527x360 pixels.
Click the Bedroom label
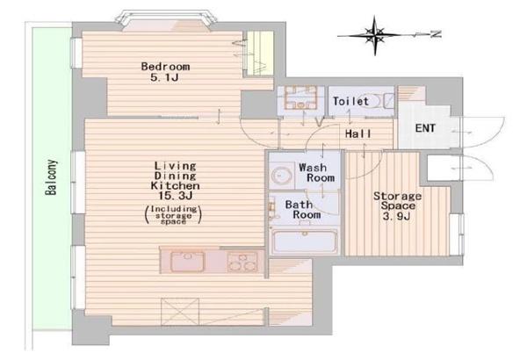[x=165, y=67]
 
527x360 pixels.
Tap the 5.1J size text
[x=164, y=77]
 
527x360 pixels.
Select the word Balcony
[x=52, y=177]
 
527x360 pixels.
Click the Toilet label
[x=350, y=101]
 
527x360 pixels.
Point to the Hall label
[x=358, y=133]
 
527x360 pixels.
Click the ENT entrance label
[x=425, y=128]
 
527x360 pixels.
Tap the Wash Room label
[x=316, y=172]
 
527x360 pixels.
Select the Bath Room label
[x=302, y=209]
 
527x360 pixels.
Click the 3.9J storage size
[x=397, y=216]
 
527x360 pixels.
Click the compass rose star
[x=375, y=35]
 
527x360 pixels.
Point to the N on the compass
[x=437, y=34]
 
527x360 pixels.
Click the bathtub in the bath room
[x=305, y=241]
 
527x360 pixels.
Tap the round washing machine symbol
[x=282, y=175]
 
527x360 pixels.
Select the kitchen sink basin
[x=187, y=262]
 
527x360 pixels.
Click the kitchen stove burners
[x=242, y=262]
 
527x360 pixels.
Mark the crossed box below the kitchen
[x=180, y=312]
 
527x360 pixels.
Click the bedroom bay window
[x=165, y=21]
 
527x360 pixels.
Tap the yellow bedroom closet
[x=260, y=54]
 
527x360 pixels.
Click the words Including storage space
[x=173, y=215]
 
